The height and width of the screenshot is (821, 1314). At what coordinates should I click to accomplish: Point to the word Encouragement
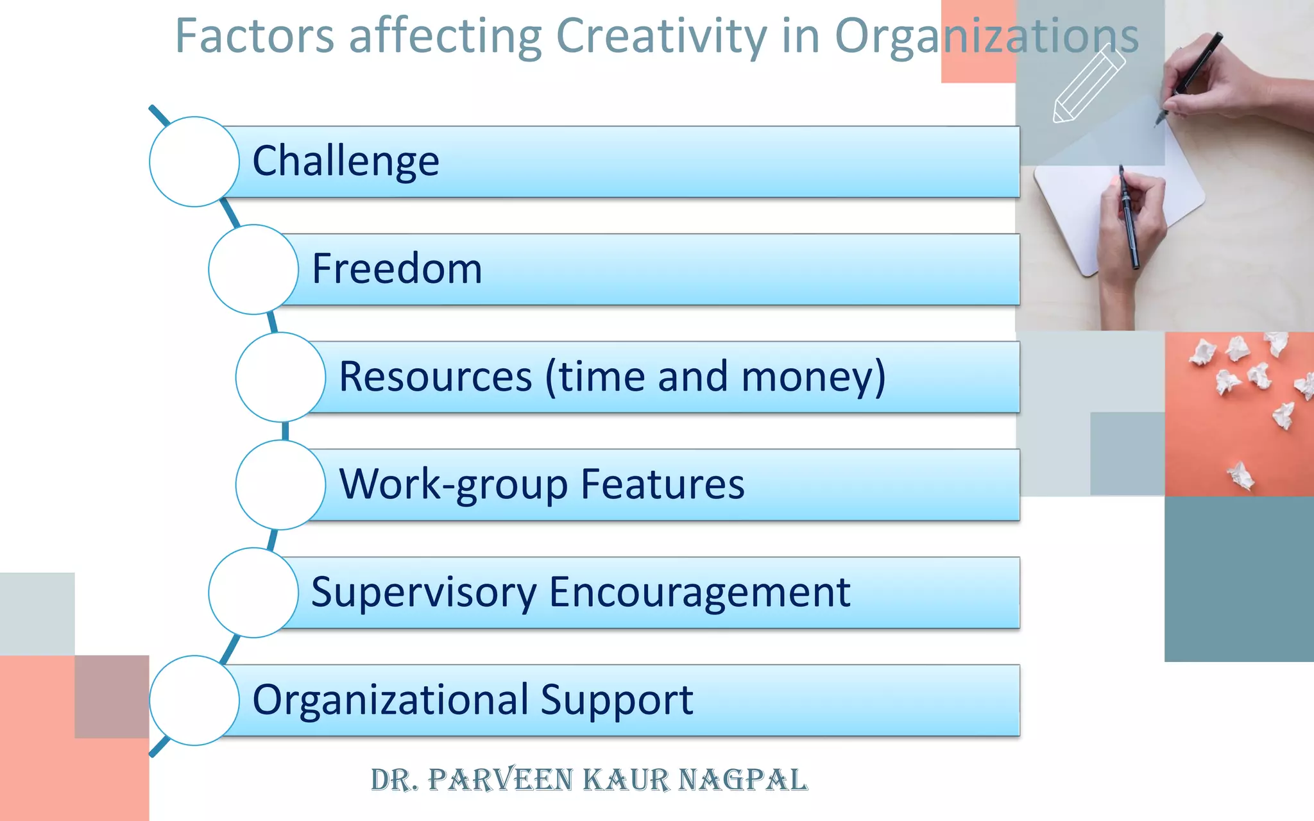click(x=699, y=592)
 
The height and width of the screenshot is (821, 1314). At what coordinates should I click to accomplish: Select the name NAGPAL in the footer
click(x=742, y=780)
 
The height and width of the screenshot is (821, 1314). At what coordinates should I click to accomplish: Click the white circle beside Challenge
click(x=194, y=162)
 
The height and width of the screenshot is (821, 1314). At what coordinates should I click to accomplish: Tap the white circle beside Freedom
click(x=253, y=269)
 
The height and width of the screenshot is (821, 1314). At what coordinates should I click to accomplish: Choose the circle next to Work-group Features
click(x=280, y=485)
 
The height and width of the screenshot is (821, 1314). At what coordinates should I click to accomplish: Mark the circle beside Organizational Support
click(x=194, y=700)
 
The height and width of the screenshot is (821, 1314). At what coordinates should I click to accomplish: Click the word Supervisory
click(x=423, y=592)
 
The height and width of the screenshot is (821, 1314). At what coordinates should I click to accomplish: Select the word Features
click(x=662, y=484)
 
